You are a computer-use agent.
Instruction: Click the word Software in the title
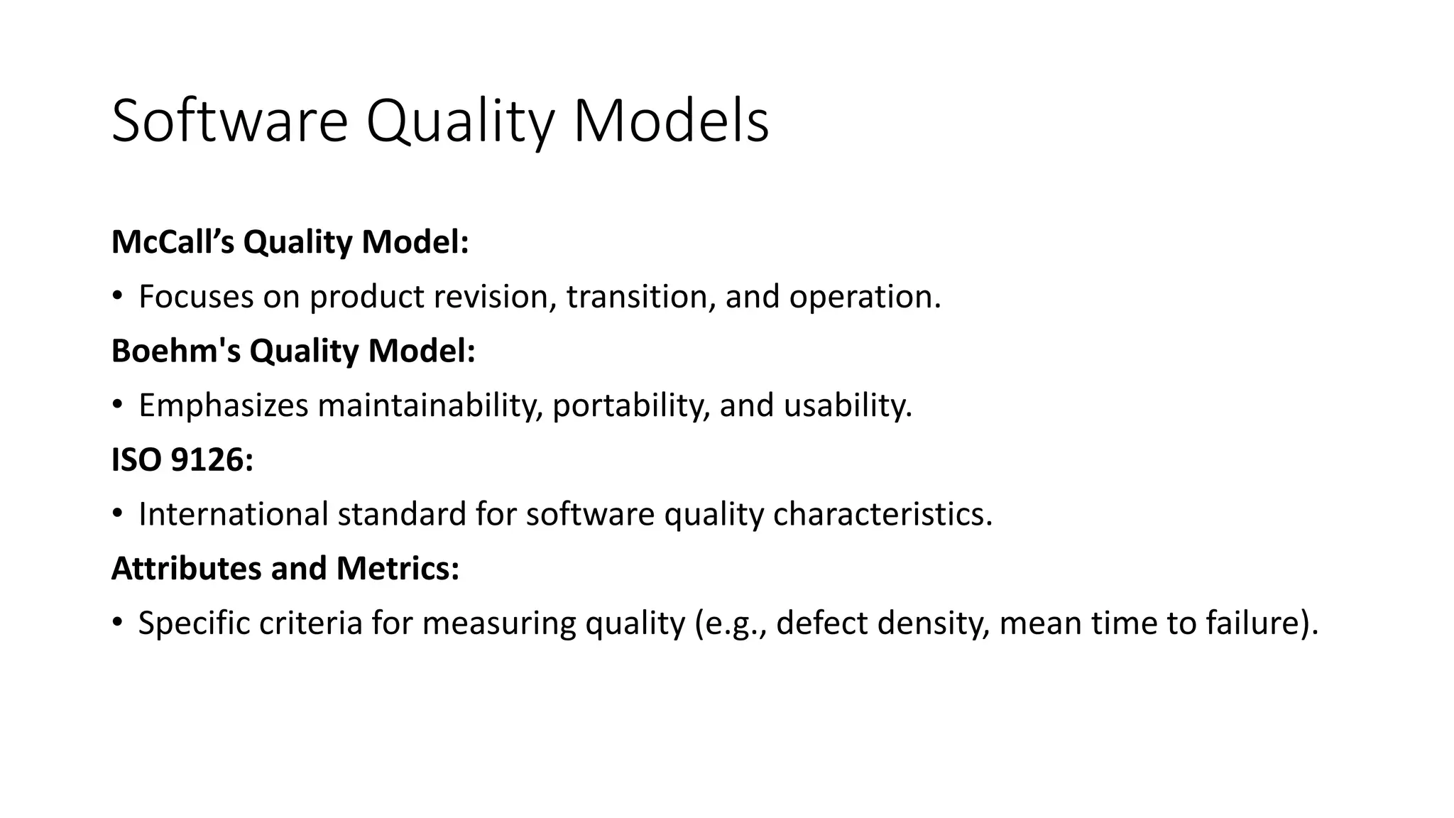pyautogui.click(x=229, y=121)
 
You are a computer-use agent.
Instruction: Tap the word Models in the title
pyautogui.click(x=670, y=121)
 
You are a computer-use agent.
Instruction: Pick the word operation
pyautogui.click(x=863, y=296)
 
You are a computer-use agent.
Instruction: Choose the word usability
pyautogui.click(x=847, y=405)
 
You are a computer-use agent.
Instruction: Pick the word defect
pyautogui.click(x=822, y=623)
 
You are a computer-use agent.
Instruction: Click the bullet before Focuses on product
pyautogui.click(x=117, y=297)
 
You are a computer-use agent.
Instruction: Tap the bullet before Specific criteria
pyautogui.click(x=117, y=623)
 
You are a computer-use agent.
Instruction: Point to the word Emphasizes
pyautogui.click(x=224, y=405)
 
